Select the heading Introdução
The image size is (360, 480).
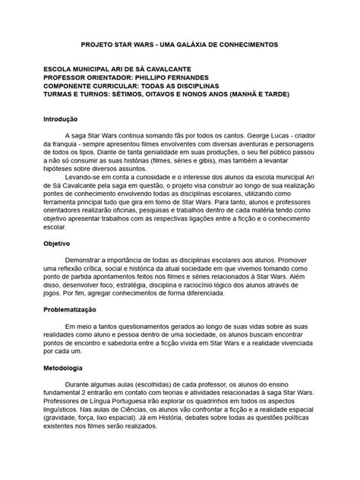pos(60,119)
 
